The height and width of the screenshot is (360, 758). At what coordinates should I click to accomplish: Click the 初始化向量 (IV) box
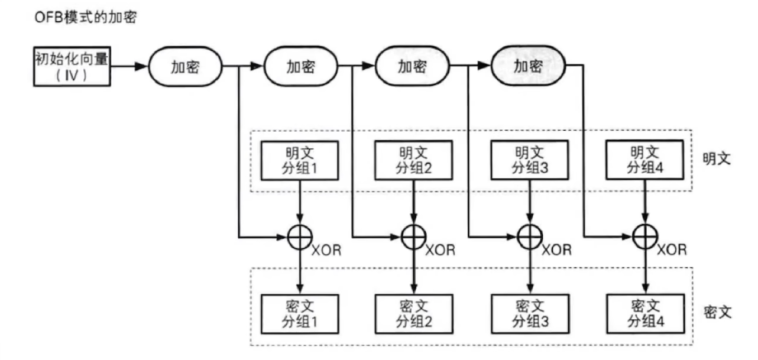[x=72, y=67]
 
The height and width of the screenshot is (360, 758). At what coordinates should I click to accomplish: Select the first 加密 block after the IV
[x=184, y=66]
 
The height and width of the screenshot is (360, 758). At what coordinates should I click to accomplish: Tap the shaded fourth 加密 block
[x=528, y=66]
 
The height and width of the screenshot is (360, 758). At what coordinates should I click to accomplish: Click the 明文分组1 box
[x=300, y=160]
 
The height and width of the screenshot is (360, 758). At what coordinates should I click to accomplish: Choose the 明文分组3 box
[x=530, y=160]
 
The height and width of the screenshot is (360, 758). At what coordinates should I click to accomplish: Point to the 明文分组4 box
[x=644, y=160]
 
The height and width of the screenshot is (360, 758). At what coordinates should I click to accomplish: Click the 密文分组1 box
[x=300, y=314]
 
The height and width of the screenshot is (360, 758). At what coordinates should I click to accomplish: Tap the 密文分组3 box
[x=530, y=314]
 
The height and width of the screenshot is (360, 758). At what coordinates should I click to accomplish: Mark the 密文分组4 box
[x=644, y=314]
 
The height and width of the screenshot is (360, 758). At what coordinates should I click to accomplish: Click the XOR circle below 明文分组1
[x=300, y=238]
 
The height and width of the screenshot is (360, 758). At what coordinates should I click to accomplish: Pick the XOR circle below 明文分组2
[x=414, y=238]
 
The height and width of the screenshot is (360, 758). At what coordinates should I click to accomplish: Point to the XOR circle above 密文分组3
[x=530, y=238]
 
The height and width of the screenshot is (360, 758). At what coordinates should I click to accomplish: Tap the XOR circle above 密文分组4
[x=644, y=238]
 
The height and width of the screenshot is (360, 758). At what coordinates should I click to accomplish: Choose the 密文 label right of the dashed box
[x=717, y=312]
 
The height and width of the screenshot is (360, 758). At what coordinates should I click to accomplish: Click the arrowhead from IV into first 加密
[x=140, y=67]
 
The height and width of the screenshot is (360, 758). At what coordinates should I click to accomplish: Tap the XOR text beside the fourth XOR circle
[x=673, y=249]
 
